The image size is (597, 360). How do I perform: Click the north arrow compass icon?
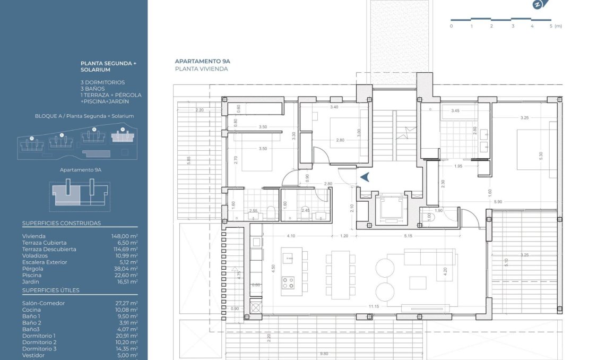(x=538, y=5)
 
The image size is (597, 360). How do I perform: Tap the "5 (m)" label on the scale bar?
(x=555, y=25)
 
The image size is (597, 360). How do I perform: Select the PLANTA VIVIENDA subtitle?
(x=202, y=69)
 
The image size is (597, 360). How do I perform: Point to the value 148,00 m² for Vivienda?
(x=126, y=236)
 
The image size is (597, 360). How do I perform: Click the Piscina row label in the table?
(x=32, y=275)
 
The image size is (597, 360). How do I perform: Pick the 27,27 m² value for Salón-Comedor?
(x=126, y=303)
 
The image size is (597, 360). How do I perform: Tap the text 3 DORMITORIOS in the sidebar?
(x=103, y=82)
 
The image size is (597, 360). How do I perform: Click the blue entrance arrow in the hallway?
(x=365, y=177)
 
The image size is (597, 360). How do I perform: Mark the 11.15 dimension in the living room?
(x=374, y=306)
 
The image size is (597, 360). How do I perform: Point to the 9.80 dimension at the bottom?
(x=324, y=354)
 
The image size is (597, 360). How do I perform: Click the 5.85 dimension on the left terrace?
(x=188, y=160)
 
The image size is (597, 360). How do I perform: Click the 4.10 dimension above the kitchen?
(x=291, y=235)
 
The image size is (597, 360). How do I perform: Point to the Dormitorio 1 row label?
(x=39, y=336)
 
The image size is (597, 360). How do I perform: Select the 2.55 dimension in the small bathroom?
(x=254, y=211)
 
